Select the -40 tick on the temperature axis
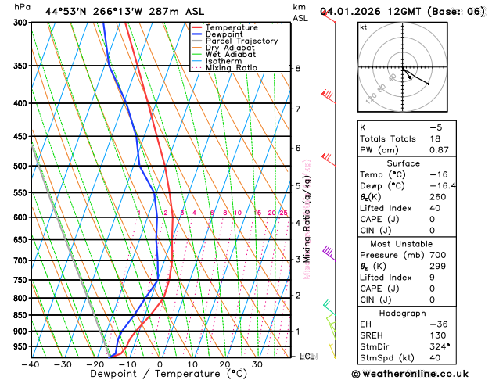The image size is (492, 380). point(31,364)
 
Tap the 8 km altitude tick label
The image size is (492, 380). point(297,69)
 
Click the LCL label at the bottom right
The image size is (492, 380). point(307,357)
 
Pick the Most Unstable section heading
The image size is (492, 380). point(420,245)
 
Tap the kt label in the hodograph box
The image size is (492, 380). point(363,27)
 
